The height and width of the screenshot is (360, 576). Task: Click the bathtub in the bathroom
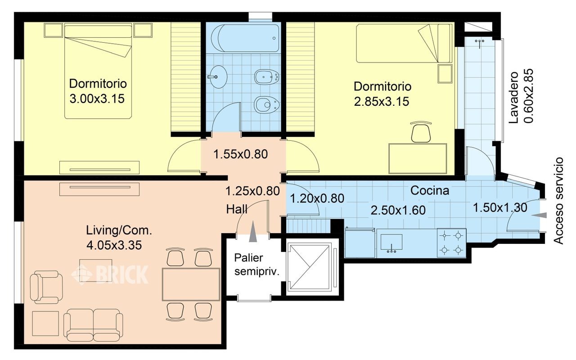tap(245, 38)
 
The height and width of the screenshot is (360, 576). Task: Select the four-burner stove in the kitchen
tap(451, 243)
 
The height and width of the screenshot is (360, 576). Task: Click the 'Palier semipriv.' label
tap(256, 265)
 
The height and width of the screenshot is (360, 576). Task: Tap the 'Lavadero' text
tap(514, 97)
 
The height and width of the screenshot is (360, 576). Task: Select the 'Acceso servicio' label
tap(558, 201)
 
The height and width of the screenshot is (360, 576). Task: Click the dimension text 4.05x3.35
tap(114, 245)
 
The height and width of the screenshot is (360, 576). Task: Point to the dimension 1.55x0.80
tap(241, 154)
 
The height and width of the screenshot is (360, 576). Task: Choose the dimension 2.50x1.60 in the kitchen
tap(398, 210)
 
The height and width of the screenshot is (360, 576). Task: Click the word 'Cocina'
tap(430, 190)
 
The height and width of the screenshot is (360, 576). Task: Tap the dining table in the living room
tap(191, 284)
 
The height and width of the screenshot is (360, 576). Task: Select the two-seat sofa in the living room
tap(93, 325)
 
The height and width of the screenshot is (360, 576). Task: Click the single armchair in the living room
tap(46, 287)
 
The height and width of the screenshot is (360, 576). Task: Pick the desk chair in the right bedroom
tap(421, 132)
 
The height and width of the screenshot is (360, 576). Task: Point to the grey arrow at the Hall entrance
tap(253, 231)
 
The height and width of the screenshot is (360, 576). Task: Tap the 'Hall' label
tap(237, 209)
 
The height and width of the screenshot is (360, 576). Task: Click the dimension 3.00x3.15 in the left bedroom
tap(97, 99)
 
